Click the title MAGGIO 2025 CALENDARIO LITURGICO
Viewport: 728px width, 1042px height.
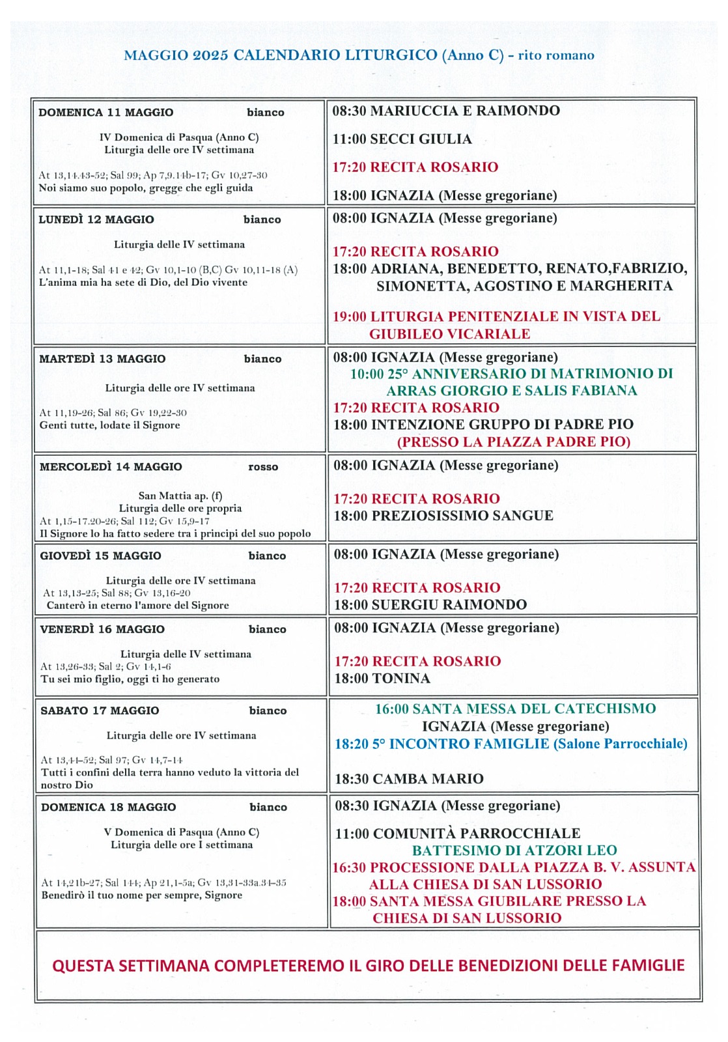coord(281,55)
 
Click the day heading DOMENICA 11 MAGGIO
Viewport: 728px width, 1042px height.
coord(106,113)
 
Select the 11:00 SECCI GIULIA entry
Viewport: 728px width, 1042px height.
coord(402,139)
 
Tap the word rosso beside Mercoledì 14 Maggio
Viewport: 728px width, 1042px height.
coord(263,467)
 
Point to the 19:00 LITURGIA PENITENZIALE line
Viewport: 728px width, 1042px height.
coord(496,317)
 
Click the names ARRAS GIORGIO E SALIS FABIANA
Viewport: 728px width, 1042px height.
coord(512,391)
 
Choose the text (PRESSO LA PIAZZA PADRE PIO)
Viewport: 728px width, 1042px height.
coord(514,442)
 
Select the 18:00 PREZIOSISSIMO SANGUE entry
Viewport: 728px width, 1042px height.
coord(443,516)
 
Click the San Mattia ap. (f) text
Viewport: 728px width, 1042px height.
coord(180,496)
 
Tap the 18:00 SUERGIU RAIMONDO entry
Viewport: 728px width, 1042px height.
coord(430,604)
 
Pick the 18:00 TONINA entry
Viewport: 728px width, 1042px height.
coord(382,679)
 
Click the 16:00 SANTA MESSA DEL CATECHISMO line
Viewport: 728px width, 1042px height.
coord(515,709)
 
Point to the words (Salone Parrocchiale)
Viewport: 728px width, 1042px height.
coord(620,744)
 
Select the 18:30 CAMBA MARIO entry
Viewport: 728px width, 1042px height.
coord(409,779)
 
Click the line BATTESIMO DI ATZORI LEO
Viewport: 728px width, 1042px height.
coord(514,850)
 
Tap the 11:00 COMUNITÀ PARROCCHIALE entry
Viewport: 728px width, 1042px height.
coord(457,834)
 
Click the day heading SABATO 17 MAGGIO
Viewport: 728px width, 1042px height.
coord(100,711)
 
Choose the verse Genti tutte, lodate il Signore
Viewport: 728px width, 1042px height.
coord(109,425)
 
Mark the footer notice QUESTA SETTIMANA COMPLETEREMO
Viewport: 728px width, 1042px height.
coord(368,965)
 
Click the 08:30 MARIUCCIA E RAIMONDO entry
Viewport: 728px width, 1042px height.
coord(446,111)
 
